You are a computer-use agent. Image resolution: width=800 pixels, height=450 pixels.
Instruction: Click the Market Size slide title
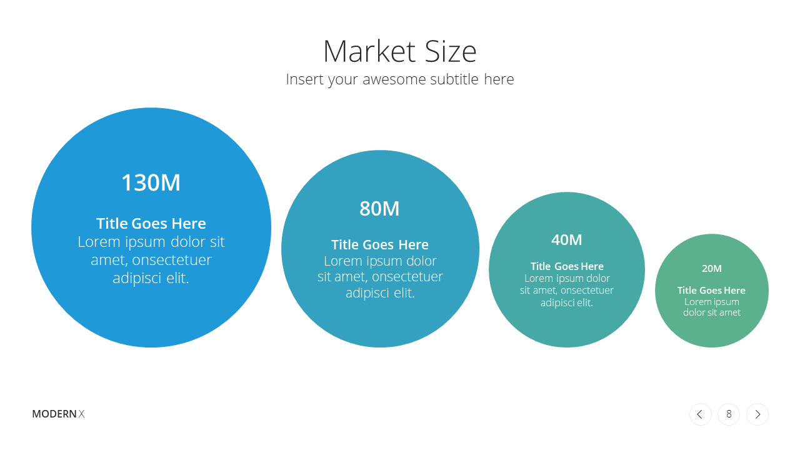coord(399,51)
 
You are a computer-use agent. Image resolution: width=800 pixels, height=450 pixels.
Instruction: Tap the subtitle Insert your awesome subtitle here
coord(399,79)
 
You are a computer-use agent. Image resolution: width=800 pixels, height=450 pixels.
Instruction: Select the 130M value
coord(151,182)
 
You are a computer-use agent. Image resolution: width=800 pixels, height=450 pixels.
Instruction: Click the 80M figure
coord(379,209)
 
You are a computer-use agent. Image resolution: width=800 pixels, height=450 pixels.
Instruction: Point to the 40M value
coord(567,239)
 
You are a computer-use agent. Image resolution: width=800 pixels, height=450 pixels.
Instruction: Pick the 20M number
coord(712,268)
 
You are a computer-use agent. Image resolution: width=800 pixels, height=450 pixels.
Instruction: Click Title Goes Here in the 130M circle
coord(151,224)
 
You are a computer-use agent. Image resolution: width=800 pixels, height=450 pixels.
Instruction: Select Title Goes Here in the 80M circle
coord(379,244)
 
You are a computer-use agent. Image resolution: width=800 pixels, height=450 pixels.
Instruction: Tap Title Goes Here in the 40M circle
coord(567,266)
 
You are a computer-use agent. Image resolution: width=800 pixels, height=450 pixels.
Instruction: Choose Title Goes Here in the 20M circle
coord(711,291)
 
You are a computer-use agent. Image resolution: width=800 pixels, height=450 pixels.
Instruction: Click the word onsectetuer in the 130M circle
coord(172,260)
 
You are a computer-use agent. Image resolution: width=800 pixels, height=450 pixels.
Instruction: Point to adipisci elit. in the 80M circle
coord(380,293)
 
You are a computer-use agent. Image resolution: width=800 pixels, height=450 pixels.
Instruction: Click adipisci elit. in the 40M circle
coord(567,303)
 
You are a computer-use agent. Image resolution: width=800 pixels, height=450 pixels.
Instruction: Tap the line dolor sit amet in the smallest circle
coord(712,312)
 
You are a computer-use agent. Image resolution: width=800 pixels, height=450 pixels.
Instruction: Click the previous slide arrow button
coord(701,414)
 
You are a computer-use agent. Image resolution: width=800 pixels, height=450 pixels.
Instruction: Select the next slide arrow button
coord(757,414)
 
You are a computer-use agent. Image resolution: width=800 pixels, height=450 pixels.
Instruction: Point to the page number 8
coord(729,414)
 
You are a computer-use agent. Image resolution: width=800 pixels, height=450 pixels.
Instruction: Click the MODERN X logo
coord(58,414)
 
